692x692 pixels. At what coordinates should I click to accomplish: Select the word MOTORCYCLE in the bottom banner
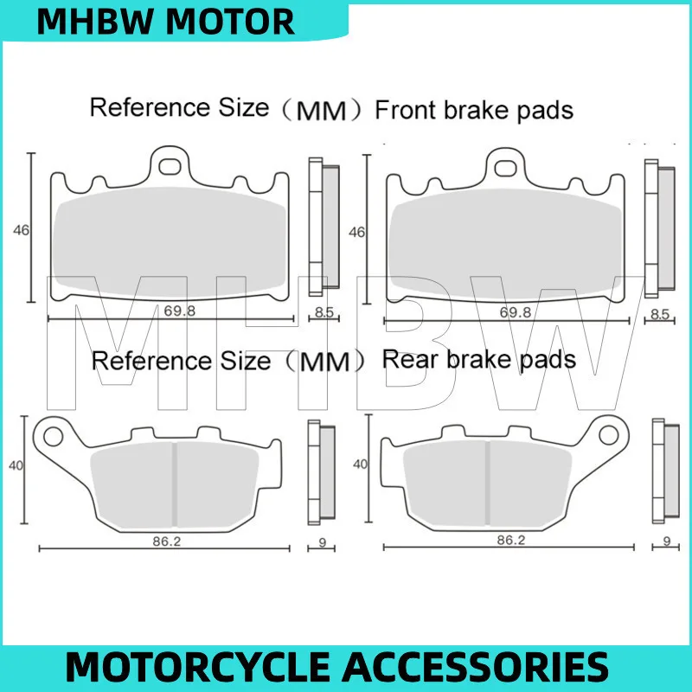(202, 668)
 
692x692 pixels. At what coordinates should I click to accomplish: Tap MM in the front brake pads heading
(323, 112)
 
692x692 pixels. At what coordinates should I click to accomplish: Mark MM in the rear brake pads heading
(325, 362)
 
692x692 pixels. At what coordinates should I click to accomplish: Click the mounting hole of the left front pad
(170, 161)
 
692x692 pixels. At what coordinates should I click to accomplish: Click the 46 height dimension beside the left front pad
(22, 230)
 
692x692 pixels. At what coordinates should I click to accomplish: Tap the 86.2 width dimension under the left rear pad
(168, 541)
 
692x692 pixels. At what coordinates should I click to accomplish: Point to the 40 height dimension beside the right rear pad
(360, 465)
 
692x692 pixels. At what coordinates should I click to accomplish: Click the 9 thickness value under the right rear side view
(666, 541)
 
